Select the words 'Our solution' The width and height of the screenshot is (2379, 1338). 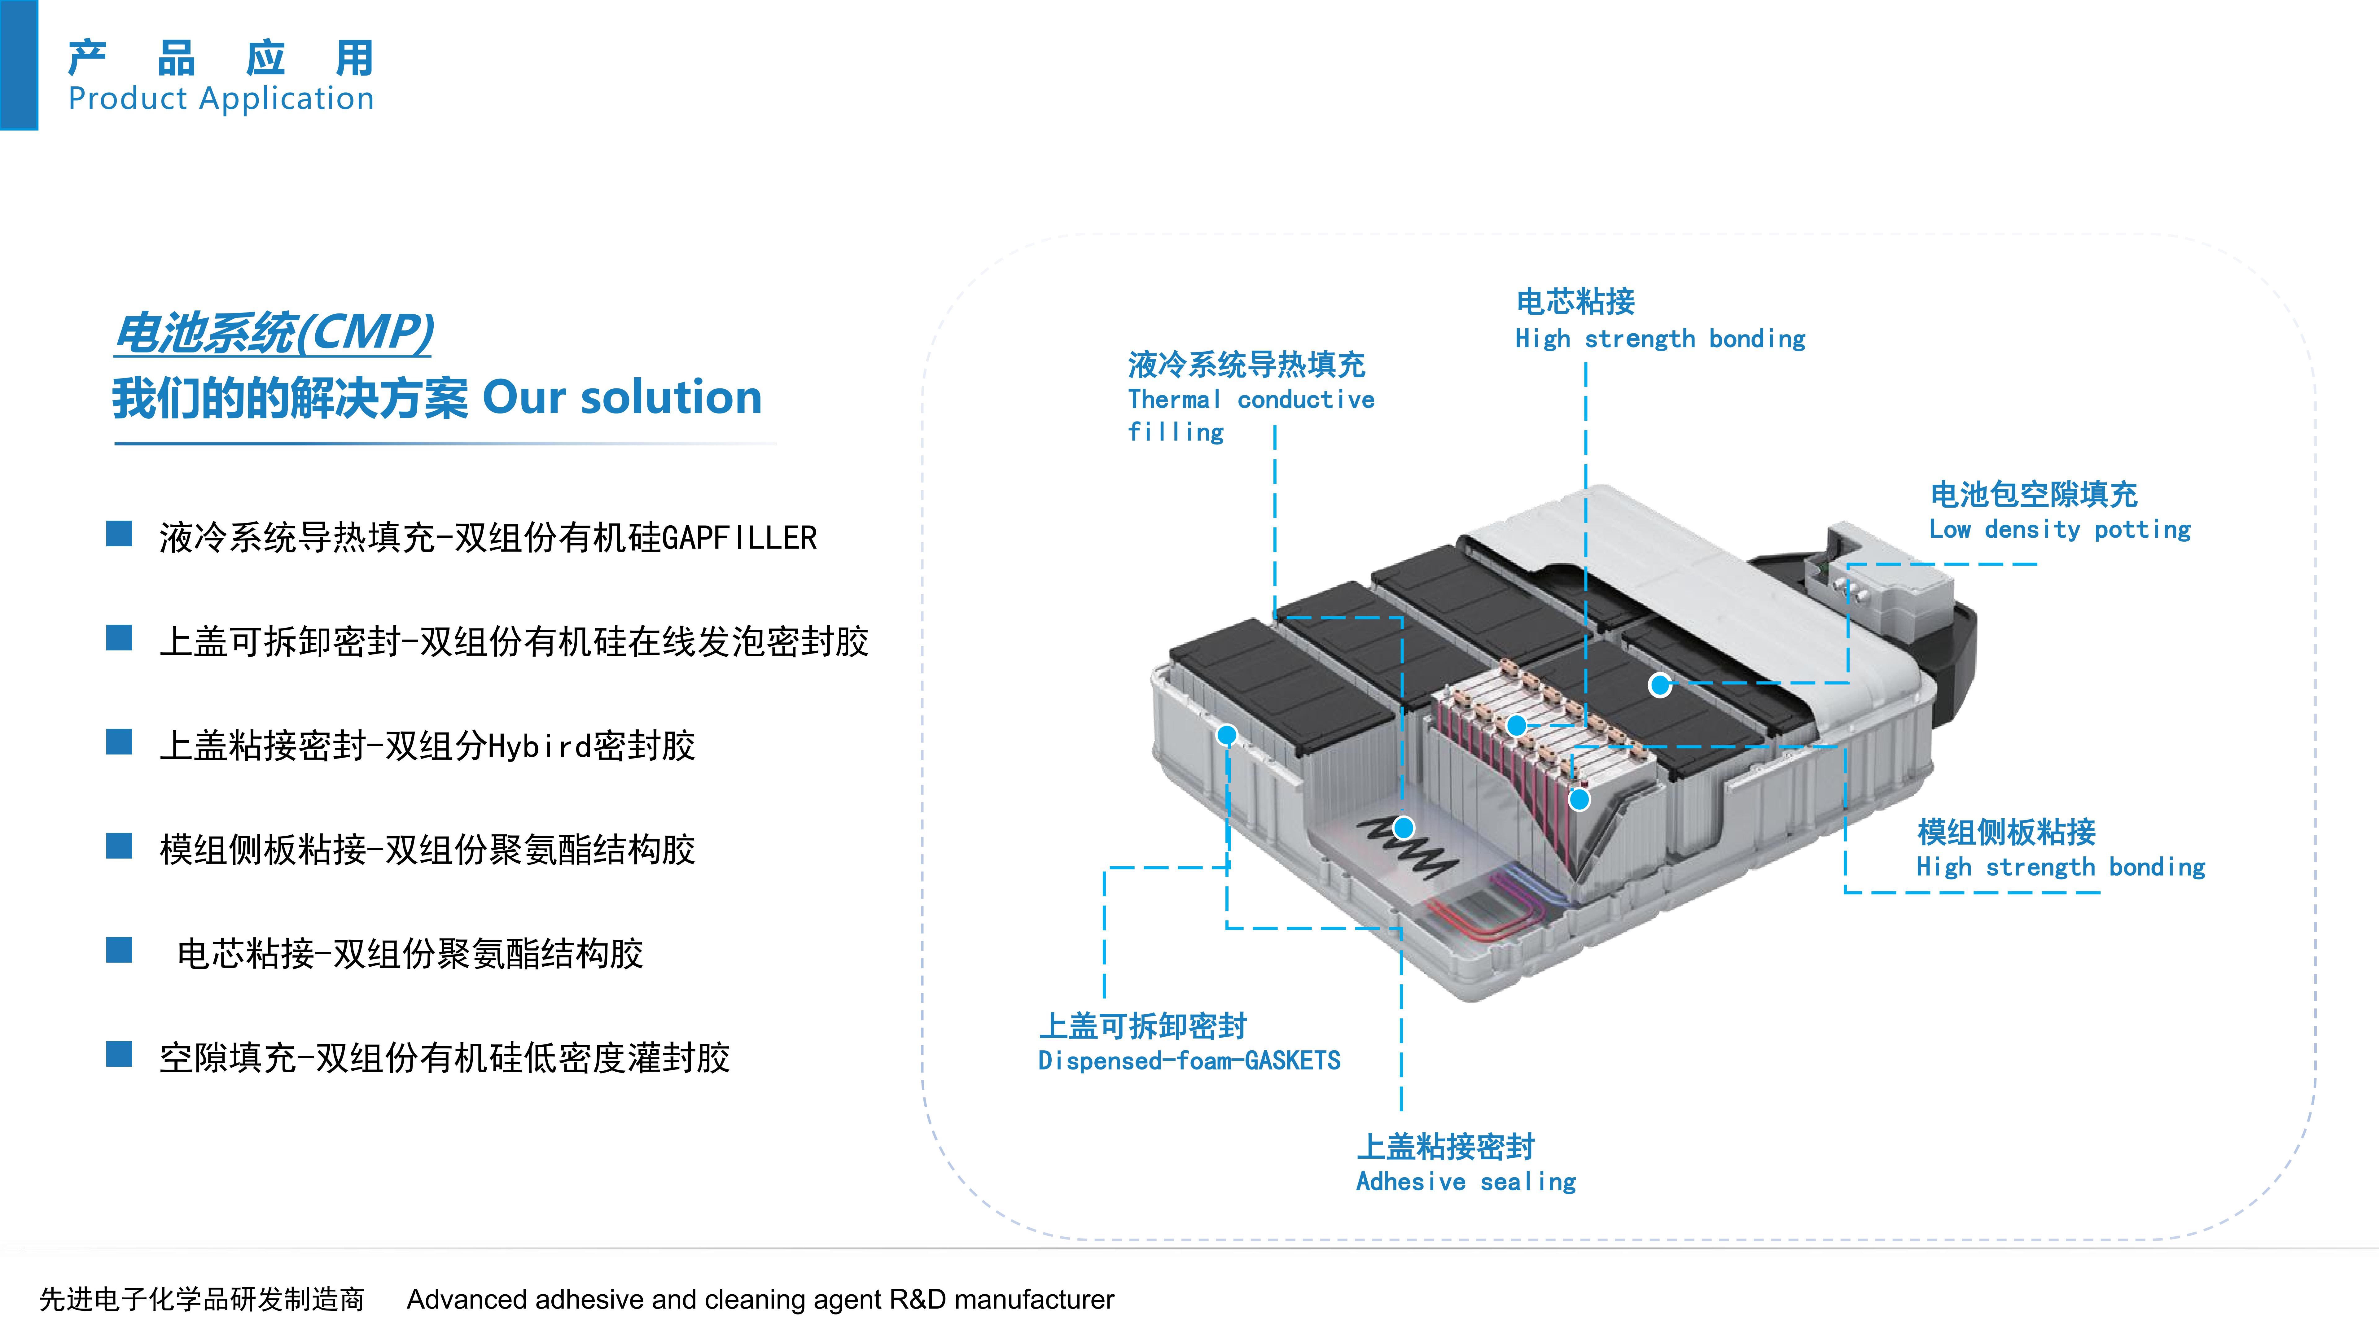pos(621,397)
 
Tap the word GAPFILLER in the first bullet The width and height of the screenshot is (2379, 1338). pos(739,537)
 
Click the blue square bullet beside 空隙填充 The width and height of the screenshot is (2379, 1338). pos(119,1054)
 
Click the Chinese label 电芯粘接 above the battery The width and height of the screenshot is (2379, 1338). pos(1575,301)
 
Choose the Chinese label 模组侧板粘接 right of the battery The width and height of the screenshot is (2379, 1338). pos(2007,832)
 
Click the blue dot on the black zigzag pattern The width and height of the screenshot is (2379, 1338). pos(1403,827)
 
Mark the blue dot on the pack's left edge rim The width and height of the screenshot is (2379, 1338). pos(1226,735)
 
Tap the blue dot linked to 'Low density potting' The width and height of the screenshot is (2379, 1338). pos(1660,685)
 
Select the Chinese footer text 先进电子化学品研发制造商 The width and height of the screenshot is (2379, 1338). pos(202,1299)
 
